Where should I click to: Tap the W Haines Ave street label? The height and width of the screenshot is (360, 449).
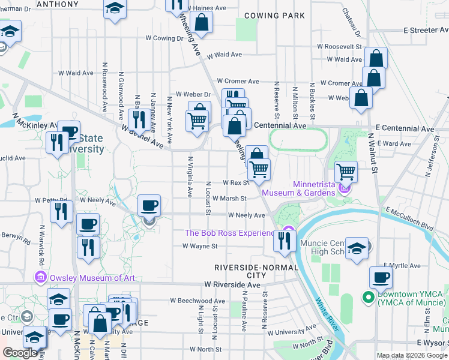click(x=207, y=8)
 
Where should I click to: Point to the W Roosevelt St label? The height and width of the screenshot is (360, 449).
click(x=339, y=46)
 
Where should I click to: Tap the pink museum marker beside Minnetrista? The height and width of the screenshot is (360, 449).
click(x=344, y=188)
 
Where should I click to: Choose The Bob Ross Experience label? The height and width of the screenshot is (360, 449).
click(x=233, y=233)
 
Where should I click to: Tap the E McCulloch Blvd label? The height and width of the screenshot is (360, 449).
click(x=410, y=219)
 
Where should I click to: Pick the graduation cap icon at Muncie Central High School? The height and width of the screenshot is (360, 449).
click(x=357, y=248)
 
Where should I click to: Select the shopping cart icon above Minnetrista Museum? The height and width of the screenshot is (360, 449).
click(x=346, y=171)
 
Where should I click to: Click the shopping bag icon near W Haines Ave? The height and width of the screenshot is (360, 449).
click(x=203, y=22)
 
